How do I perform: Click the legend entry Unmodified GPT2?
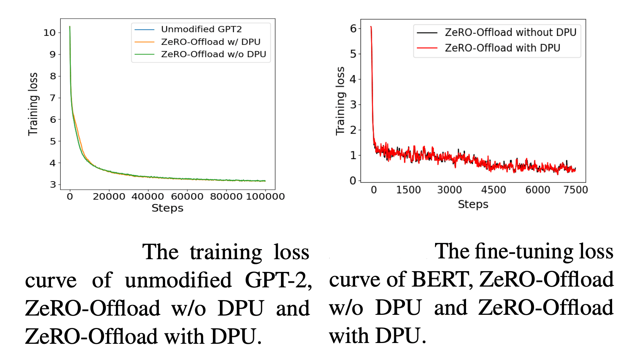tap(201, 29)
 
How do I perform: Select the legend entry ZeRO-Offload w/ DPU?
tap(211, 42)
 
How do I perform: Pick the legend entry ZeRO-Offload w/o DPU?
tap(213, 54)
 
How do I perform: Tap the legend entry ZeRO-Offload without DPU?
tap(510, 32)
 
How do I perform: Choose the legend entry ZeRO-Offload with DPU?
tap(502, 48)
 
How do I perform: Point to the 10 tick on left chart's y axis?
tap(49, 33)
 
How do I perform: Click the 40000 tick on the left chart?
tap(148, 197)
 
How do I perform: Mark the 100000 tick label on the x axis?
tap(265, 197)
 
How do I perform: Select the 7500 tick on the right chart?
tap(575, 190)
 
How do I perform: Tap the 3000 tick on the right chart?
tap(449, 190)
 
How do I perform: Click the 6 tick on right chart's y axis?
tap(353, 29)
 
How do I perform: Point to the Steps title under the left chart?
tap(167, 208)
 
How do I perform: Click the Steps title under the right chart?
tap(473, 204)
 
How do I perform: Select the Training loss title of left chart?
tap(33, 104)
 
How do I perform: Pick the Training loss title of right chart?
tap(340, 101)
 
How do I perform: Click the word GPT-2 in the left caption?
tap(278, 280)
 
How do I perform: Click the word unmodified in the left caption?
tap(178, 280)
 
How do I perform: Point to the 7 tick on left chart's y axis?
tap(53, 98)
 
